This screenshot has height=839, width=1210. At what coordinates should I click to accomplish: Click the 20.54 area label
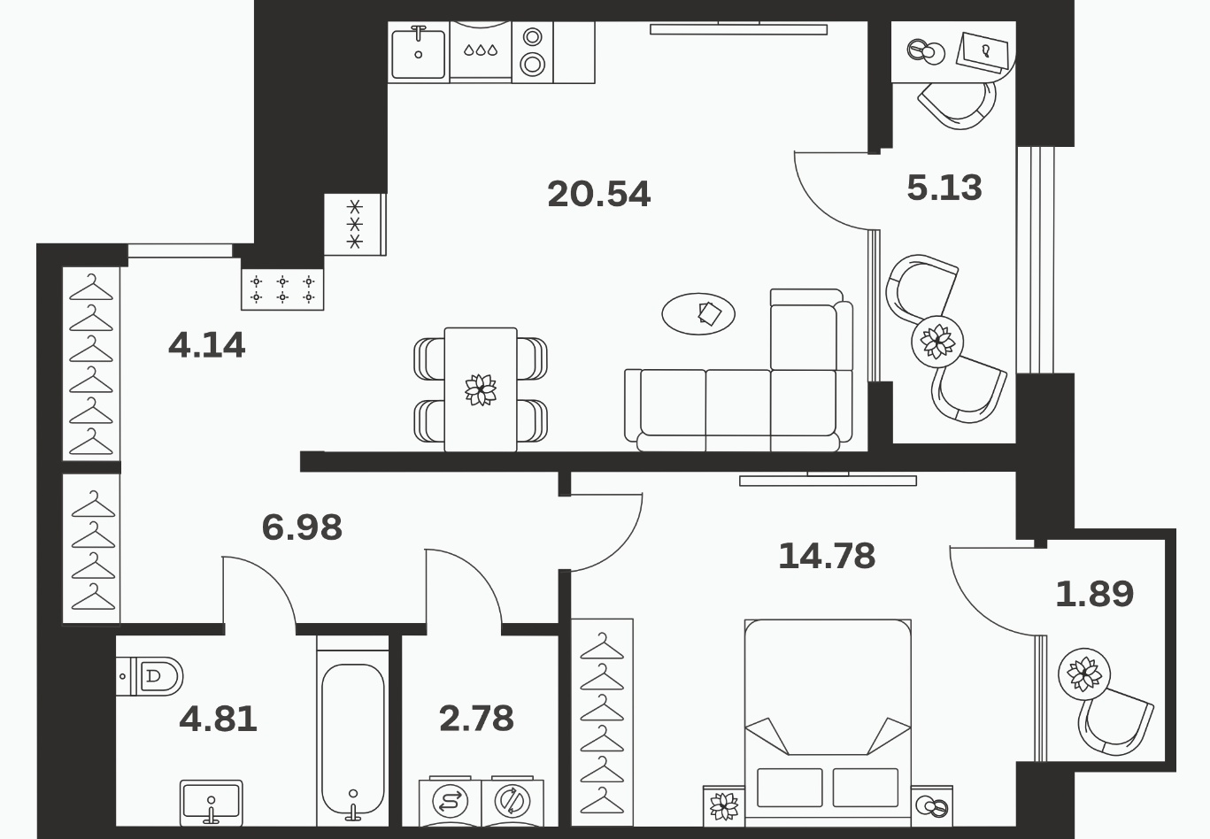click(x=598, y=194)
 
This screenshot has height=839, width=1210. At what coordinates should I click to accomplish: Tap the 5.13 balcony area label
click(x=944, y=188)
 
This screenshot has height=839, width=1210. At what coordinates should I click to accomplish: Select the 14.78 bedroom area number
click(x=827, y=556)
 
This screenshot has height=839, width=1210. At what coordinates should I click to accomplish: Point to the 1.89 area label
click(x=1094, y=594)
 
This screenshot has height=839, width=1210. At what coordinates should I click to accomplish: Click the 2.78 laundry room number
click(x=476, y=718)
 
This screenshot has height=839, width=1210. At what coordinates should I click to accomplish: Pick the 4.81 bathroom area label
click(x=218, y=719)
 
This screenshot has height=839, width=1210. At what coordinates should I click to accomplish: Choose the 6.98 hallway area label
click(x=302, y=527)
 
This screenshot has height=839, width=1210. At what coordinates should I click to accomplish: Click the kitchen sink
click(x=419, y=52)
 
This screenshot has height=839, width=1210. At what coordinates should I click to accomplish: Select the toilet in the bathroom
click(x=150, y=676)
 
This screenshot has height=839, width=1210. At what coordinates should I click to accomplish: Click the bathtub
click(x=353, y=737)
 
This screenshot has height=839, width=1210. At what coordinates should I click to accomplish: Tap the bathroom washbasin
click(x=212, y=802)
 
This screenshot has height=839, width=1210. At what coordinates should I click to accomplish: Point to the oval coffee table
click(x=698, y=314)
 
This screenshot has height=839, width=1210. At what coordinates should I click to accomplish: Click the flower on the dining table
click(x=481, y=389)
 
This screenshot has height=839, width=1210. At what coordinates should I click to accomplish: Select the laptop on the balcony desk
click(x=983, y=52)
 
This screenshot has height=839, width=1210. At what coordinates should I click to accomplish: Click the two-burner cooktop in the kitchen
click(x=533, y=52)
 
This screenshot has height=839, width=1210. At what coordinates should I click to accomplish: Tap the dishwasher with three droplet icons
click(x=481, y=52)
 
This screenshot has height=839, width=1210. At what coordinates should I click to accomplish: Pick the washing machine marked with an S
click(x=450, y=802)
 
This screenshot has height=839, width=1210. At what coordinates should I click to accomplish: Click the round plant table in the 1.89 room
click(x=1084, y=674)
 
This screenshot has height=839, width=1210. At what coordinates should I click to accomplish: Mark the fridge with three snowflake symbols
click(x=355, y=224)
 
